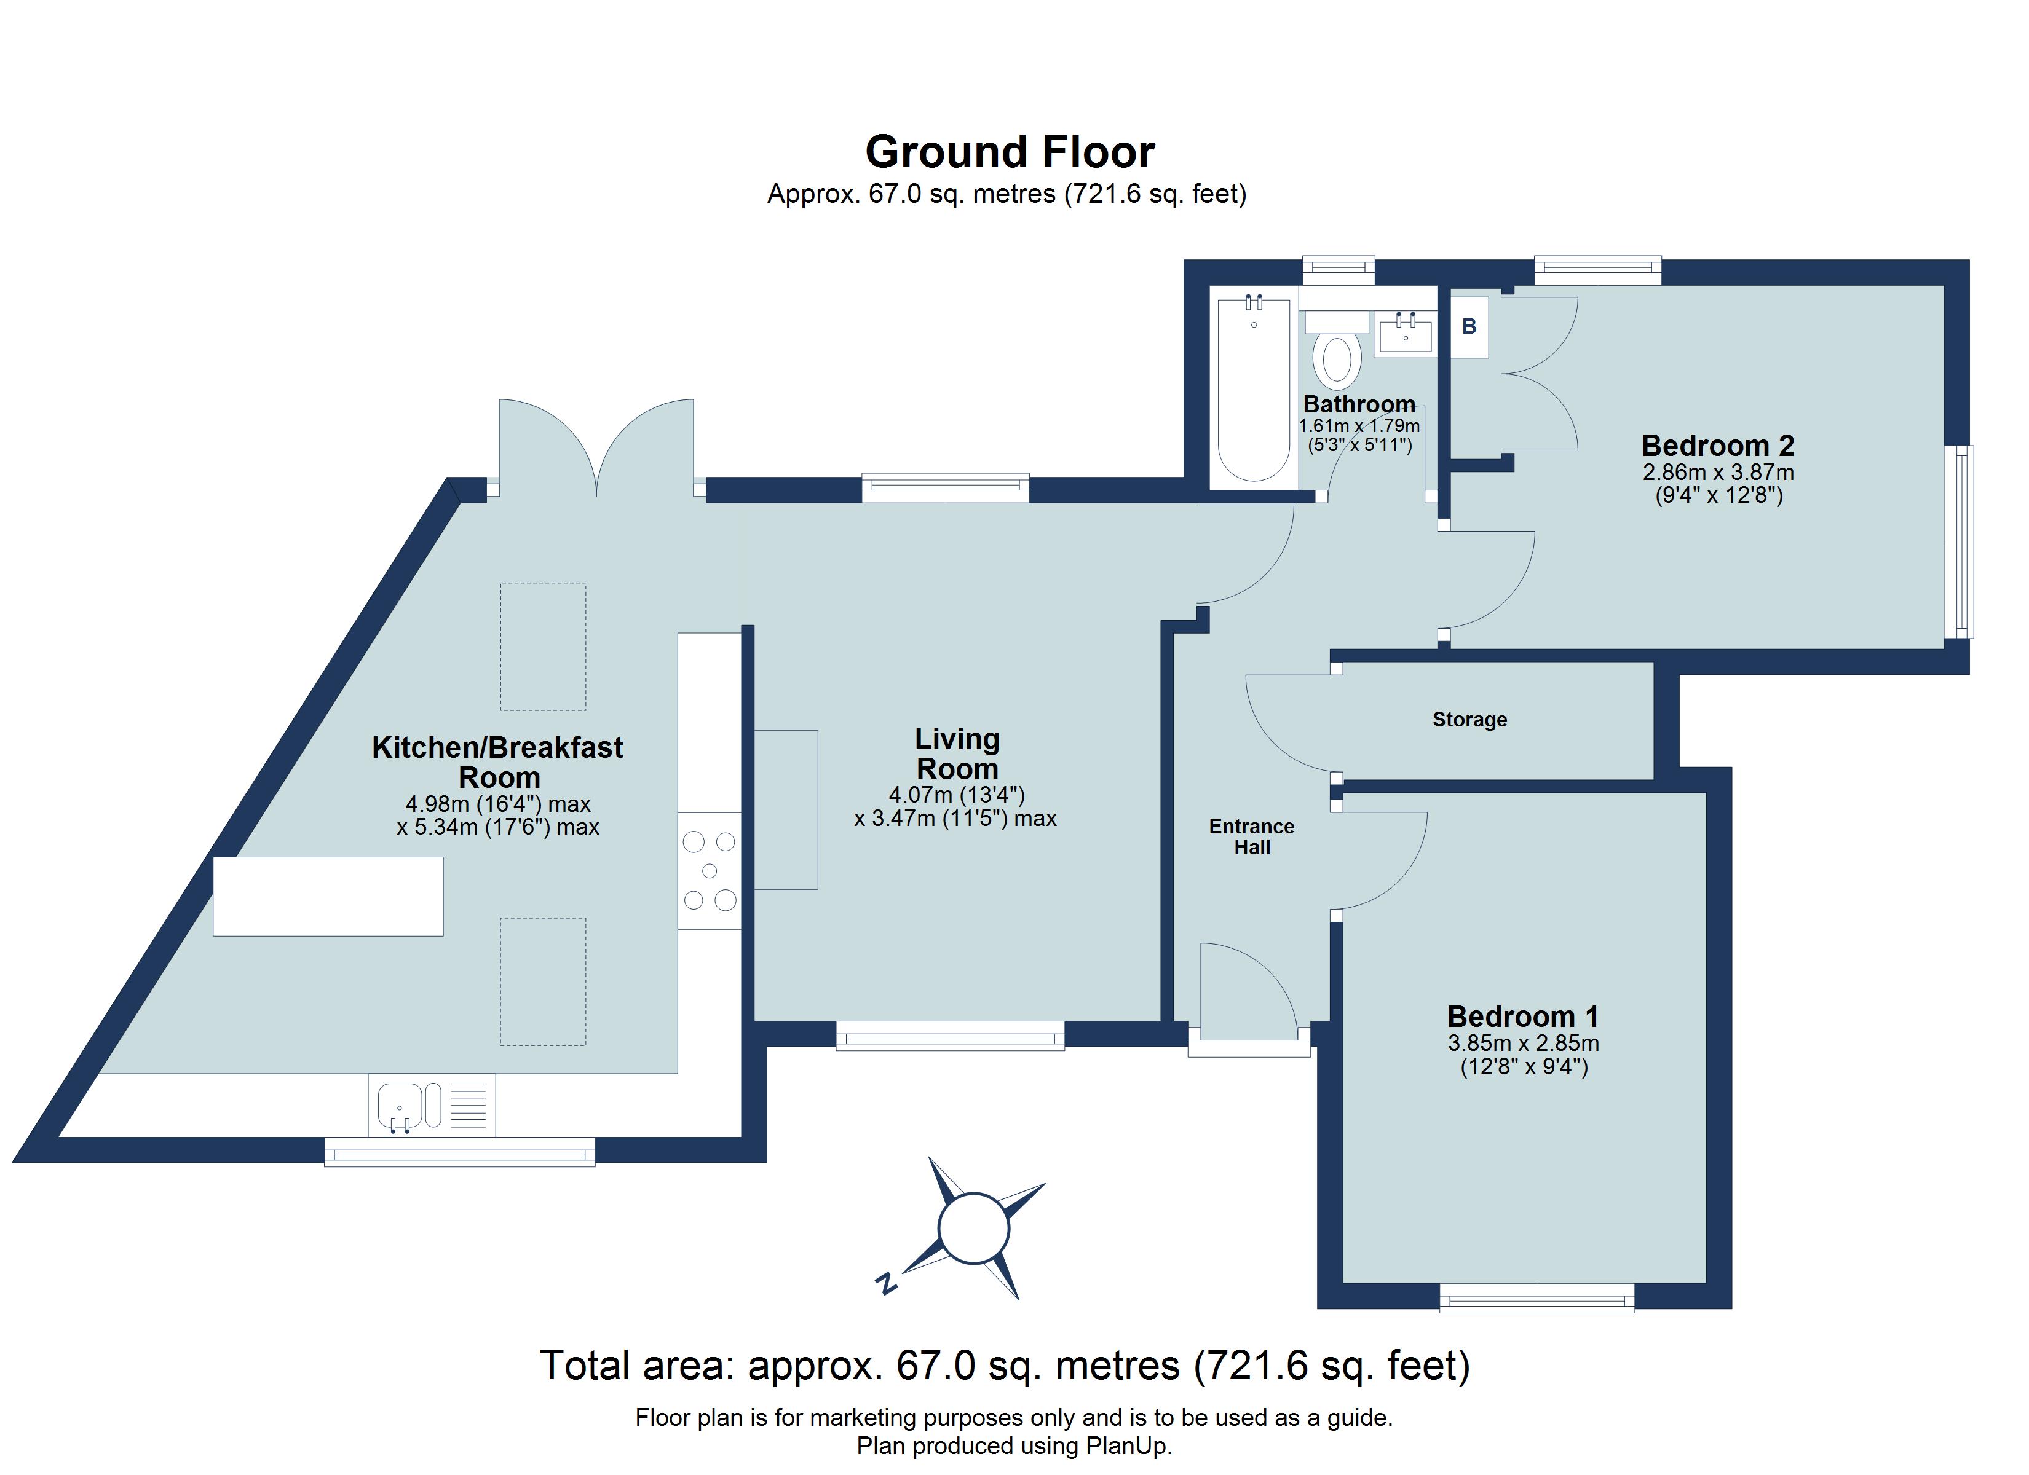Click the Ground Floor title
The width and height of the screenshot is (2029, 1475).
pos(1010,152)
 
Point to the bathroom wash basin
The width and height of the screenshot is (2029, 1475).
pos(1406,334)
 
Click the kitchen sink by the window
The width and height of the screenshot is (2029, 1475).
pos(400,1106)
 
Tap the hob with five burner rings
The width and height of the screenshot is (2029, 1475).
pos(710,870)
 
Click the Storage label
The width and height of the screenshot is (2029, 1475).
pos(1469,719)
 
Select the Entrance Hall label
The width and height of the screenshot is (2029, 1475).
pos(1252,836)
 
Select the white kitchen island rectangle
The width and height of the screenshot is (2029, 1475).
pos(328,896)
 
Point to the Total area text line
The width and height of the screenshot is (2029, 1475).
pos(1005,1366)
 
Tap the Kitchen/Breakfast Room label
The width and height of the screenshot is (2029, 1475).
pos(497,761)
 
